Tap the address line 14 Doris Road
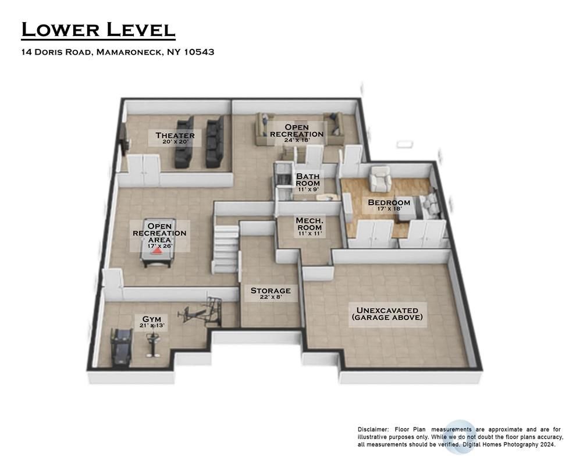(x=118, y=52)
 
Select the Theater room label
(x=175, y=138)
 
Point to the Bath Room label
(x=308, y=180)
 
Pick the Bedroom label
(x=389, y=205)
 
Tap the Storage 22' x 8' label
(x=270, y=293)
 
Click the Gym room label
(x=153, y=322)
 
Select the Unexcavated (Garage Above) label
(x=387, y=314)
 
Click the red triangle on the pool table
(x=158, y=252)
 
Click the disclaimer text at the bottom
(x=460, y=436)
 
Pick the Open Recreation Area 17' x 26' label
(x=159, y=236)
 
